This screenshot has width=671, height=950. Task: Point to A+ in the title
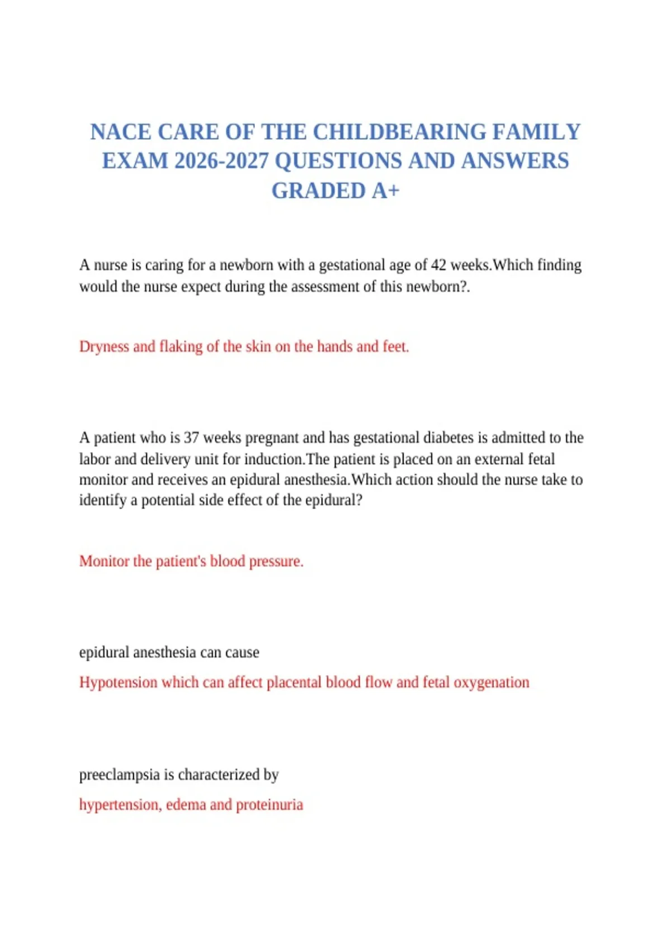coord(386,191)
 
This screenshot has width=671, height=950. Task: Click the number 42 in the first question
coord(438,265)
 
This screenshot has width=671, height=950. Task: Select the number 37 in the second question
coord(191,438)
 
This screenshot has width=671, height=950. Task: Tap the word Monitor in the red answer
coord(104,561)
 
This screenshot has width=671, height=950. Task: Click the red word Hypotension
coord(118,682)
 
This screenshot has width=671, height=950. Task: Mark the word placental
coord(294,682)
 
